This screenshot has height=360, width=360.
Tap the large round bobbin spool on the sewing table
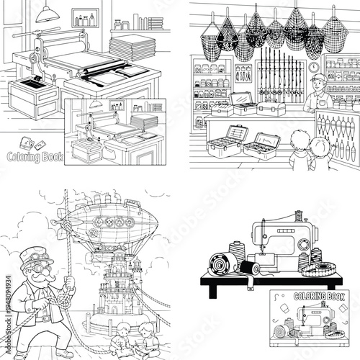[222, 262]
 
